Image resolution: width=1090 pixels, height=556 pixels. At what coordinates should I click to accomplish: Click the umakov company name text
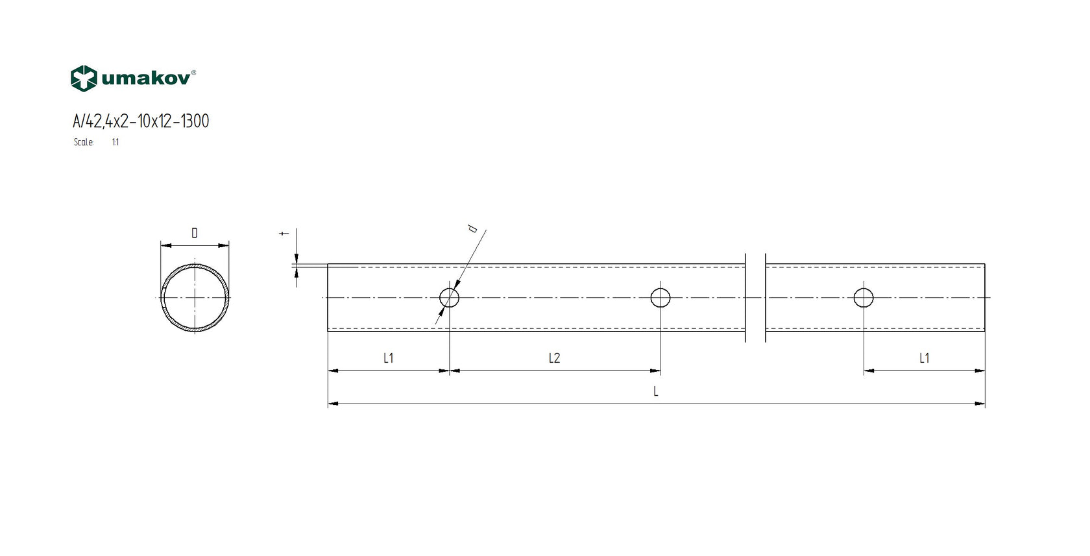click(x=145, y=79)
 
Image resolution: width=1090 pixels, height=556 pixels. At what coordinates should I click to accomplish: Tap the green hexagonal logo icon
click(x=84, y=79)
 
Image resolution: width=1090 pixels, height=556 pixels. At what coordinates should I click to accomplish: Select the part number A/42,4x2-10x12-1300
click(x=141, y=121)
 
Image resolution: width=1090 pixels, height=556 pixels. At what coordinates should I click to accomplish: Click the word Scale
click(x=83, y=142)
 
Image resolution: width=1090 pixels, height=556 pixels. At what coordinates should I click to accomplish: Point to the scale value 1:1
click(x=115, y=142)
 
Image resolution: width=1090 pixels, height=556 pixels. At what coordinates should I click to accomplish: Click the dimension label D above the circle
click(x=195, y=233)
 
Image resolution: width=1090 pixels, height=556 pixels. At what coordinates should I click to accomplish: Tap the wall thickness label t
click(x=284, y=234)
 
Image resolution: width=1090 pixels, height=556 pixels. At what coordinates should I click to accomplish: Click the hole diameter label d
click(x=472, y=228)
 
